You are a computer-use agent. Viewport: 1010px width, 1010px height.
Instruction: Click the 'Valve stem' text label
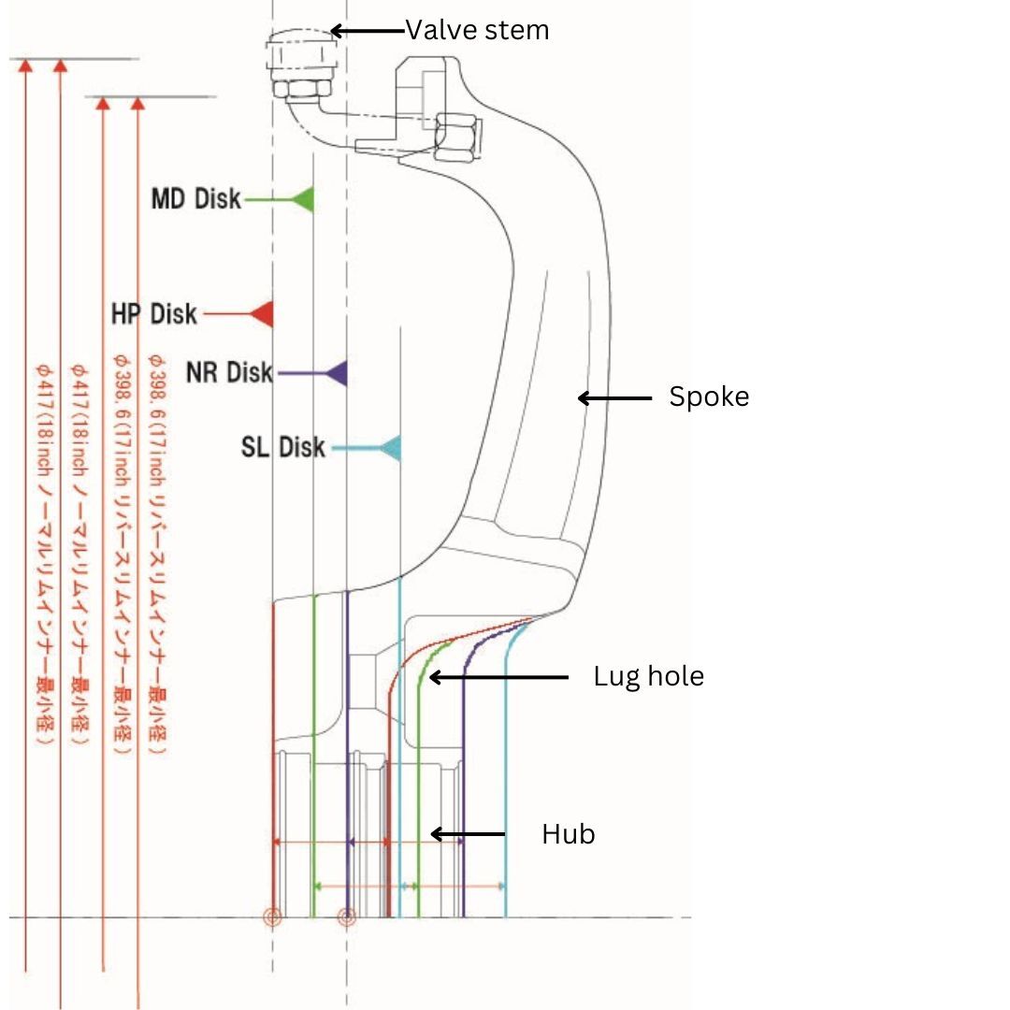(x=477, y=31)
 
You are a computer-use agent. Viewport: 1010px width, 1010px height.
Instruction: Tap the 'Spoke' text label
(x=709, y=397)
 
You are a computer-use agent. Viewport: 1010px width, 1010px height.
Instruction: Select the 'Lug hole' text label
(x=648, y=675)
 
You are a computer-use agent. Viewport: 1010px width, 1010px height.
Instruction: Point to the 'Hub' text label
(x=568, y=833)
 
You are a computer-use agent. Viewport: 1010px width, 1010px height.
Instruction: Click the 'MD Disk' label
(x=195, y=199)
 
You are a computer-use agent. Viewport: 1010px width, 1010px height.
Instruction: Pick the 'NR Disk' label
(x=229, y=373)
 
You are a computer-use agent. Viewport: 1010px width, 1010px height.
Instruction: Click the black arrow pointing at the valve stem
(x=368, y=31)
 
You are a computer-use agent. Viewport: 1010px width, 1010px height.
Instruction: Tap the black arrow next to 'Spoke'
(x=614, y=398)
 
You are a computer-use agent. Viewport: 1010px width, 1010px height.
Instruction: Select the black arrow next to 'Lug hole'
(x=498, y=676)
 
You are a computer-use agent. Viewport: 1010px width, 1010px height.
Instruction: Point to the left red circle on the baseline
(x=272, y=917)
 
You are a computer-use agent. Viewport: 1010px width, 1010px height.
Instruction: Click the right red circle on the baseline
(x=347, y=917)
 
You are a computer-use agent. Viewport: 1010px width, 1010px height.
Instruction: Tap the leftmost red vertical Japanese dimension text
(x=42, y=552)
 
